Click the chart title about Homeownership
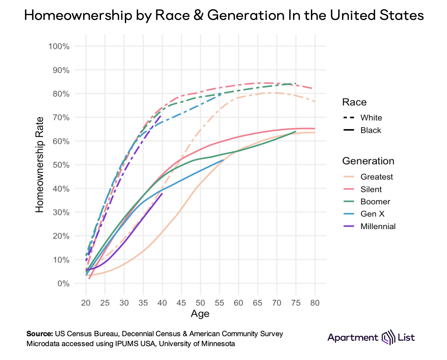(224, 16)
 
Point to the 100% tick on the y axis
(59, 46)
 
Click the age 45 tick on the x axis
(181, 303)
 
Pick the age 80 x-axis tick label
(315, 303)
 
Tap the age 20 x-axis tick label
(86, 303)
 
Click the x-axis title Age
(200, 314)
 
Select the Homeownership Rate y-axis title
(40, 164)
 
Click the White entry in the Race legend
(371, 118)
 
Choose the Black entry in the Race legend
(371, 130)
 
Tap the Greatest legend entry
(376, 177)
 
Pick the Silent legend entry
(371, 189)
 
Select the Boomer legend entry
(375, 202)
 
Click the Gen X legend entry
(372, 214)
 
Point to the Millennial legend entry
(378, 226)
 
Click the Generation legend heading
(368, 161)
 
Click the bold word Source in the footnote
(39, 334)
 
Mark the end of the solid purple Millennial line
(162, 193)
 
